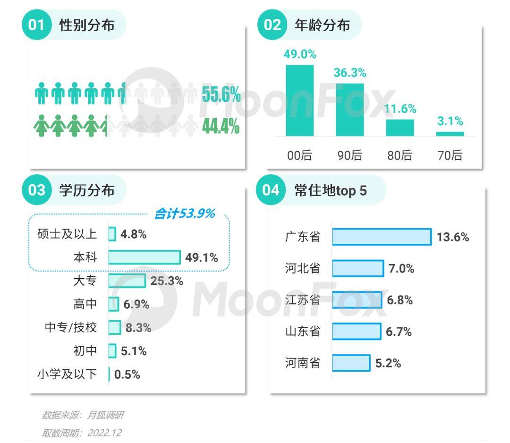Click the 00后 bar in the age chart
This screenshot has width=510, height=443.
point(300,101)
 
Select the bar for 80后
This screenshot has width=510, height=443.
point(400,128)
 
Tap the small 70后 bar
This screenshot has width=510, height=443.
point(450,134)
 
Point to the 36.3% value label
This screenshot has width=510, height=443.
point(350,73)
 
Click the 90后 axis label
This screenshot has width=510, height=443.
point(350,155)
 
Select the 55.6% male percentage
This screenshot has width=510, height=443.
point(221,94)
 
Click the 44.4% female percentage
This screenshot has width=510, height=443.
point(221,126)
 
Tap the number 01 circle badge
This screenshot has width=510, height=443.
point(36,25)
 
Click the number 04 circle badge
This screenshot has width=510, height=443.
point(271,190)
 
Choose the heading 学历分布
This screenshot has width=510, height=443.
point(87,190)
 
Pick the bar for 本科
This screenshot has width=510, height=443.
point(144,257)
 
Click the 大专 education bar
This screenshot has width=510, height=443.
point(127,281)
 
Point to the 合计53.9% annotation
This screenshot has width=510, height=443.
point(185,213)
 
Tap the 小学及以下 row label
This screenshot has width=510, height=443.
point(67,375)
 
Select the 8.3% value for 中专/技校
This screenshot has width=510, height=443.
point(138,328)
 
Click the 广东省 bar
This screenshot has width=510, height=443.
point(382,237)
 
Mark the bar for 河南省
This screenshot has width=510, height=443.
point(351,363)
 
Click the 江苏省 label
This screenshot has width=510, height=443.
point(303,300)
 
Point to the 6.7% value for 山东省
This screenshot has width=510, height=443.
point(399,332)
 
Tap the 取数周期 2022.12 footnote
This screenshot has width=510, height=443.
point(82,433)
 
